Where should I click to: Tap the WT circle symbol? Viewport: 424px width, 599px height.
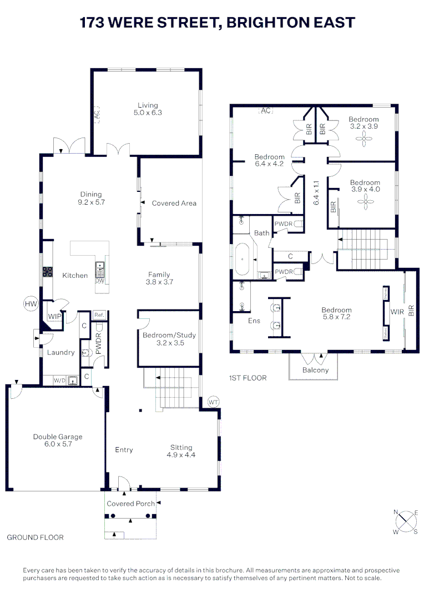(213, 402)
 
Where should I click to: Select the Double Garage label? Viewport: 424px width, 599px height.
(57, 436)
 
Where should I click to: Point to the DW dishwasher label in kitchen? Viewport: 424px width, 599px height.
(100, 281)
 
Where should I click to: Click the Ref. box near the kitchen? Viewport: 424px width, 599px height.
(99, 315)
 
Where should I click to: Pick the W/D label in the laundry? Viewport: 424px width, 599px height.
(59, 380)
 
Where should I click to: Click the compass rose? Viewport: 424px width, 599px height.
(407, 521)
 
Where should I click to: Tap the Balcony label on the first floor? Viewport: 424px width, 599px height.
(315, 370)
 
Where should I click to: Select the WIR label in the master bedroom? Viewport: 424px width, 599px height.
(397, 312)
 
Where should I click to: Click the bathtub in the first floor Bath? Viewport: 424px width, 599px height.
(243, 259)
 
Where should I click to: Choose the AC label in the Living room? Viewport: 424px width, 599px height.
(97, 115)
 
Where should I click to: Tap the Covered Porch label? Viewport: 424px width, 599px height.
(131, 504)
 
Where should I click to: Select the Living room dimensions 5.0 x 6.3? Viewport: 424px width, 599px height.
(148, 112)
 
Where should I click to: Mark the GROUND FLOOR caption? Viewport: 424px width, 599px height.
(35, 537)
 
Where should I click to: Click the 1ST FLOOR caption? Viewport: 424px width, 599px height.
(248, 378)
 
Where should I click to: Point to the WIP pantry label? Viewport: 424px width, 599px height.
(54, 317)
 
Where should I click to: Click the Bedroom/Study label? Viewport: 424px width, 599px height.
(169, 336)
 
